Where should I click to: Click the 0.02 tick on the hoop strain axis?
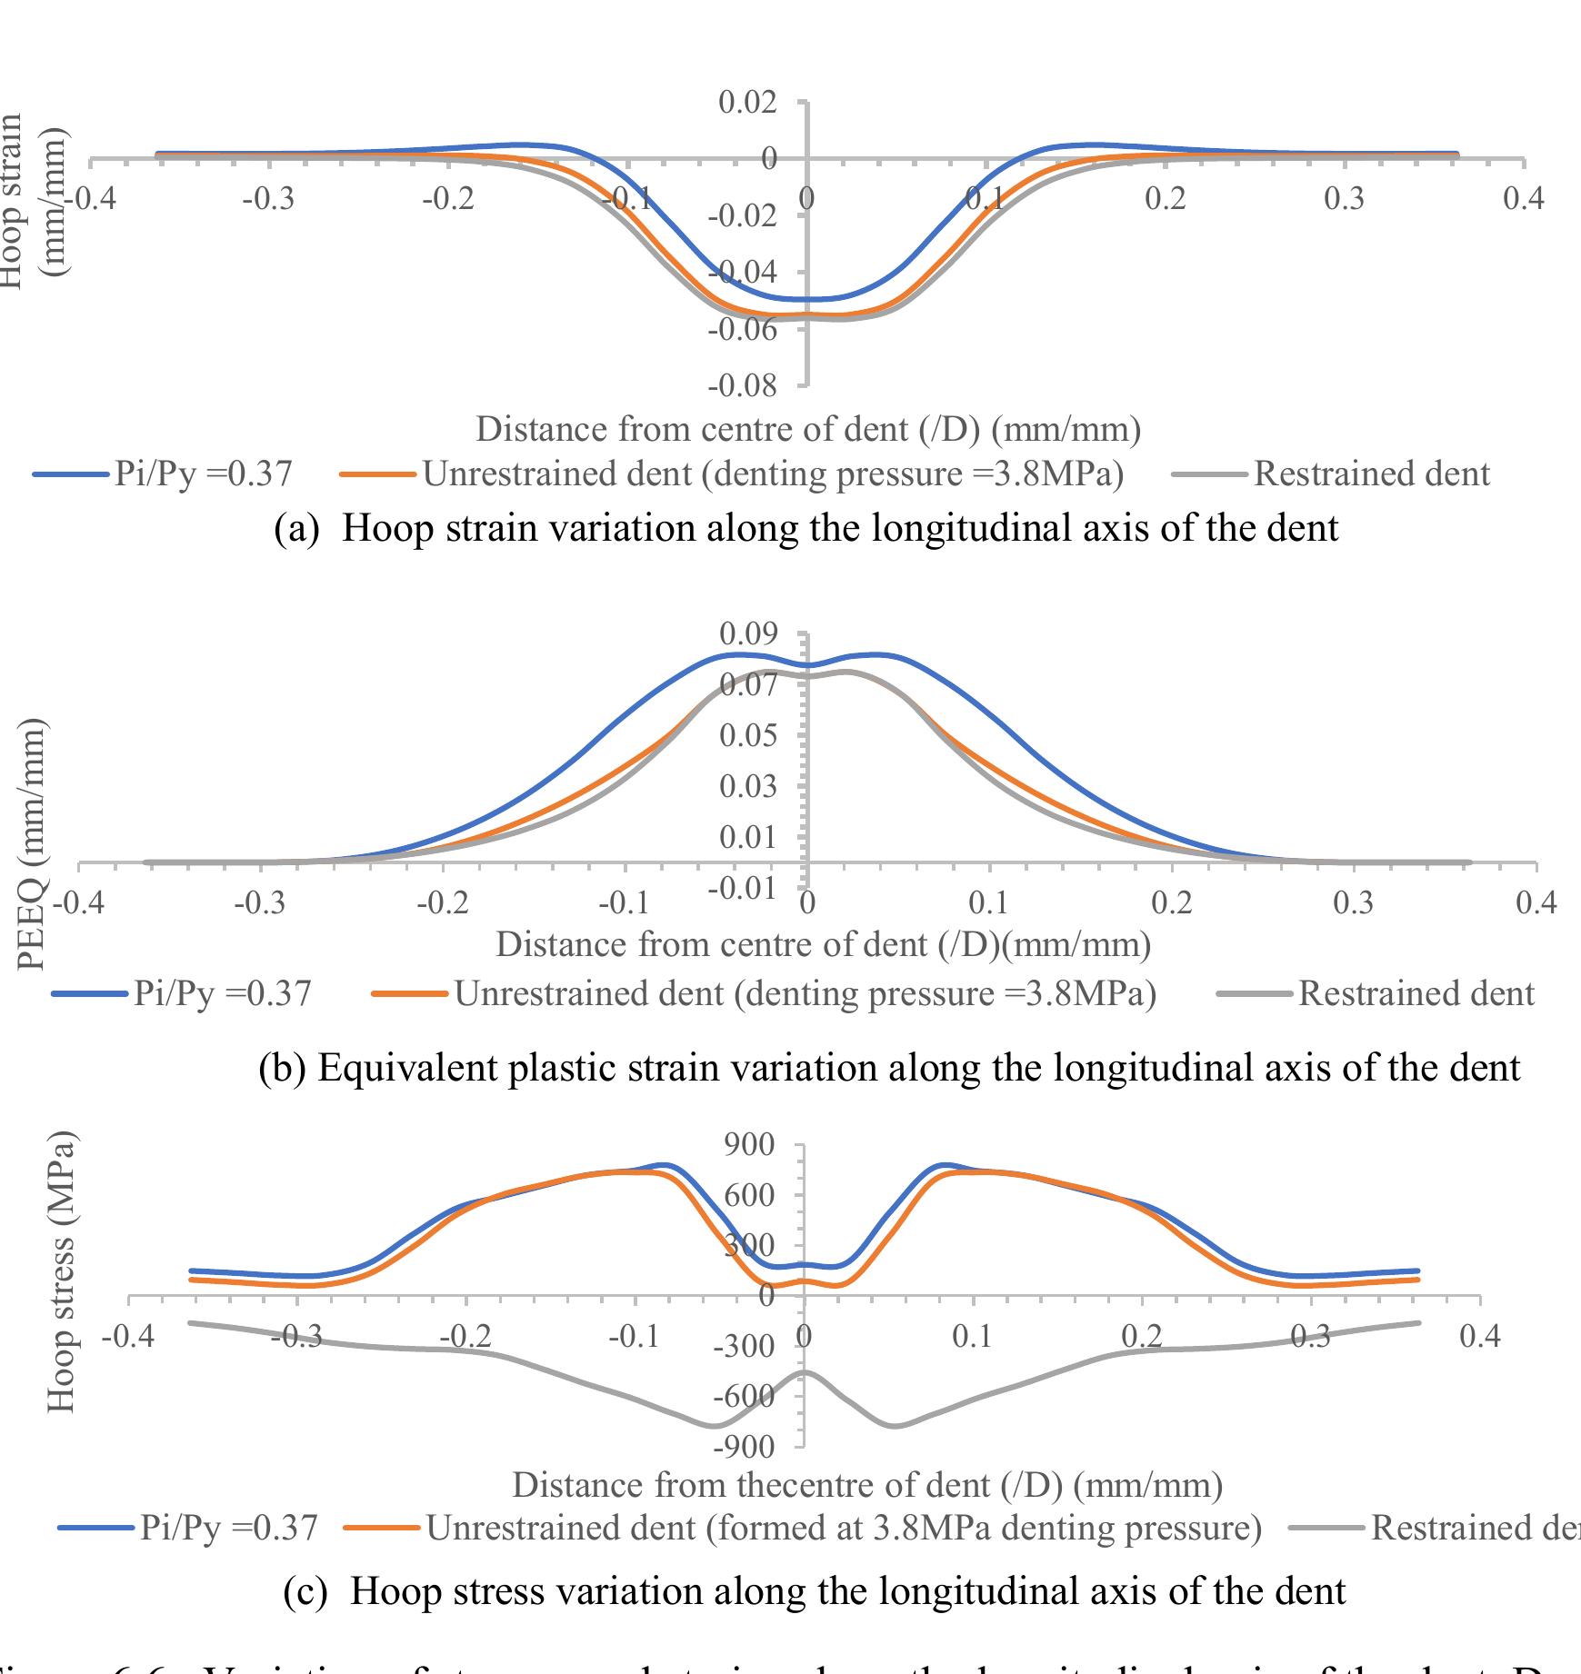747,102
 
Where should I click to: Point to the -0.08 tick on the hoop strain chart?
743,386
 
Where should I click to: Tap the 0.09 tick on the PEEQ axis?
748,632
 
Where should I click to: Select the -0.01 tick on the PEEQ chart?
743,888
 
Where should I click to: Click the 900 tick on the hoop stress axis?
750,1145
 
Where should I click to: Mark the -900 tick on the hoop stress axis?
743,1446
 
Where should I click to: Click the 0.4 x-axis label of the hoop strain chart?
1523,198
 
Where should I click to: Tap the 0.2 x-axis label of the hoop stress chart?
1142,1336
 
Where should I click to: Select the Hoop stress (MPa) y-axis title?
61,1272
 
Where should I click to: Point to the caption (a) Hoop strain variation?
806,527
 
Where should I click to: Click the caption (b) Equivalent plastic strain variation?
889,1067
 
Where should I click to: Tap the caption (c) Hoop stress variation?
815,1591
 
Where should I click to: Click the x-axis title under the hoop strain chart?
807,429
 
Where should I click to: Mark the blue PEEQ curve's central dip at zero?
806,665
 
